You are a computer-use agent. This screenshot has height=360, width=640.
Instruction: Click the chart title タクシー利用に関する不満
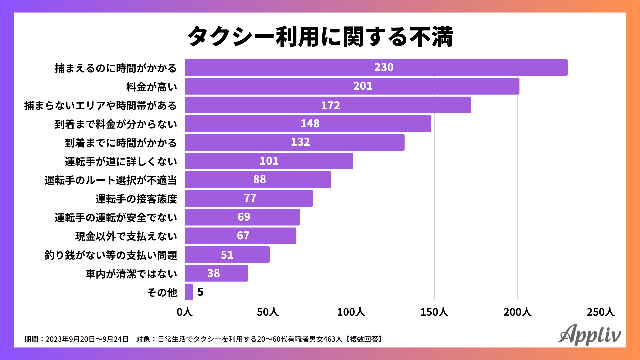tap(320, 36)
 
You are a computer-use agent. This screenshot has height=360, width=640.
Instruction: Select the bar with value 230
tap(376, 68)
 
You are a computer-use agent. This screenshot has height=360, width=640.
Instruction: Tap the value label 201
tap(363, 86)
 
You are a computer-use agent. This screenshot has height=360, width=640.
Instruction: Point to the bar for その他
tap(189, 292)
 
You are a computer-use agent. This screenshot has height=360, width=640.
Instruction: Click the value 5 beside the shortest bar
tap(200, 292)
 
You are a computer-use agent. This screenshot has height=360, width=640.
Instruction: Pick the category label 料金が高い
tap(152, 87)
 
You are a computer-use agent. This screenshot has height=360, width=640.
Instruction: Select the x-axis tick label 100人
tap(351, 312)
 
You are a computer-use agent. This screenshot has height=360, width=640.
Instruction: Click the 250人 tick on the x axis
tap(600, 312)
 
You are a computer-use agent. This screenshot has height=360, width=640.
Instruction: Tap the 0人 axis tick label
tap(185, 312)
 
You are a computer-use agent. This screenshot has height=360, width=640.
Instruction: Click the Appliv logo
tap(589, 335)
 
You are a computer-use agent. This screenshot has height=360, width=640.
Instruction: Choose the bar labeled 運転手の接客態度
tap(249, 198)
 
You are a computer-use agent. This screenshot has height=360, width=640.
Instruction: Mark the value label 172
tap(330, 105)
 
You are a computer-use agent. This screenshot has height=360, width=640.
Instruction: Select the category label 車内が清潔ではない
tap(131, 274)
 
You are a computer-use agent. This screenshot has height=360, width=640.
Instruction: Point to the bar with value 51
tap(227, 255)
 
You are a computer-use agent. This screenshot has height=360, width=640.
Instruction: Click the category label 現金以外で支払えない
tap(126, 236)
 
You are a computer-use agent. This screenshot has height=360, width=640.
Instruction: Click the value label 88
tap(260, 179)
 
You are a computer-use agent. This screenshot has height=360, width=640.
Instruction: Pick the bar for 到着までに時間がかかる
tap(294, 142)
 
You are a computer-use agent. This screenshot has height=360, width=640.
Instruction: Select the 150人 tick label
tap(434, 312)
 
